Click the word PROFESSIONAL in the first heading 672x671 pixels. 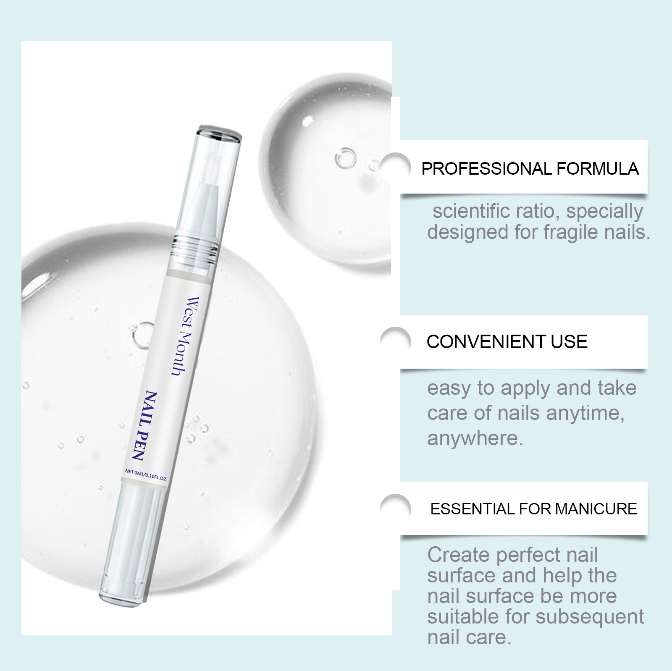(x=487, y=169)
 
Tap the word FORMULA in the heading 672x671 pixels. (x=598, y=169)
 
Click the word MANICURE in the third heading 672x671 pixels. (x=596, y=509)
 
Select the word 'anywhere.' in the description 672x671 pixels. (x=475, y=438)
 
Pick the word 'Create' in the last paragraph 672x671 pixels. (x=459, y=555)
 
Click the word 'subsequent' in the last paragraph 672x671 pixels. (x=590, y=617)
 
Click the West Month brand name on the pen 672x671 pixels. (x=185, y=336)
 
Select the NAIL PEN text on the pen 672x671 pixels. (x=145, y=425)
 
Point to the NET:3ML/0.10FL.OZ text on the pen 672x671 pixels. (x=146, y=475)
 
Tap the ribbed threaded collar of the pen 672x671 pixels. (x=194, y=248)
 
